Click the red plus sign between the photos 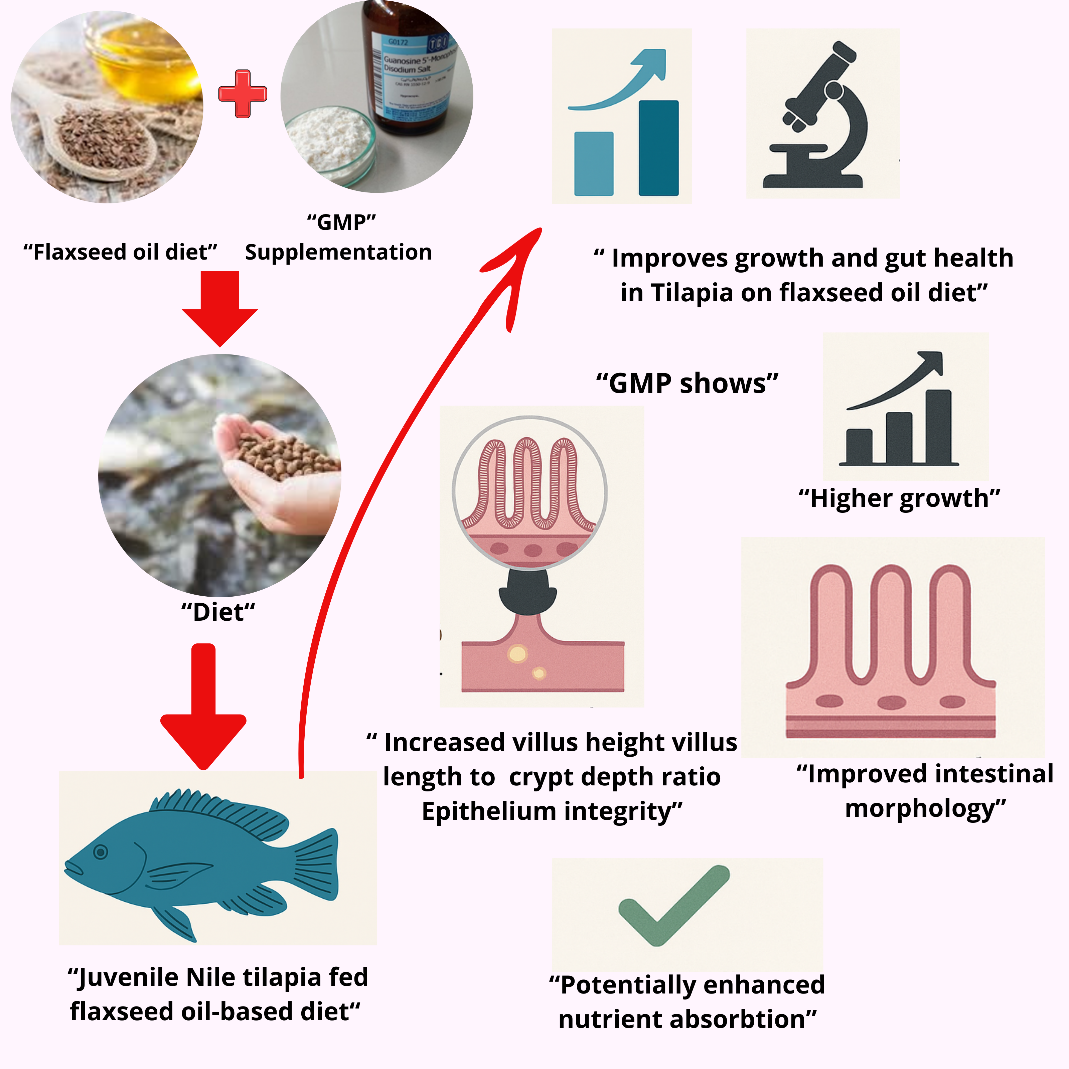pos(242,94)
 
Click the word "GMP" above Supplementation pos(341,222)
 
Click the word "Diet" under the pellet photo pos(218,613)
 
